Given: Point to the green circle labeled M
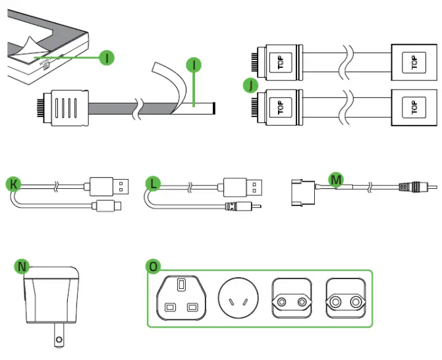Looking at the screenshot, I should click(x=337, y=179).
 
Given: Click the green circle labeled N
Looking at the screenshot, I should click(x=23, y=266).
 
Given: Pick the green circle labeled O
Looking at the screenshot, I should click(x=153, y=266).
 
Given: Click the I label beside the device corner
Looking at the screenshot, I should click(x=106, y=58).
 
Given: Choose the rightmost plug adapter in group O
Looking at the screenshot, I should click(x=347, y=301).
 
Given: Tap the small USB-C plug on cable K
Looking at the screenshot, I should click(x=105, y=206).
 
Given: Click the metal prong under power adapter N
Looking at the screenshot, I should click(x=58, y=337).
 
